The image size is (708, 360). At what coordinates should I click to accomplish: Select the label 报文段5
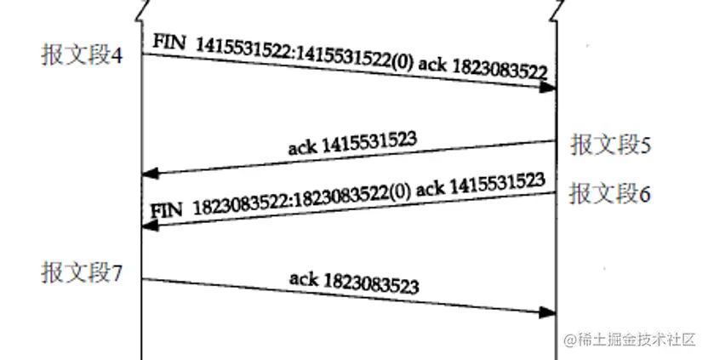click(610, 145)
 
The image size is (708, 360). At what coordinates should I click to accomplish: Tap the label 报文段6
click(610, 194)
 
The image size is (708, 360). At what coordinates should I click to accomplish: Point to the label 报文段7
click(82, 273)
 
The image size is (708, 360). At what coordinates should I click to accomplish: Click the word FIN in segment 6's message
click(169, 209)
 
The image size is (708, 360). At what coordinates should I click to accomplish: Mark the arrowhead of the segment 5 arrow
click(150, 173)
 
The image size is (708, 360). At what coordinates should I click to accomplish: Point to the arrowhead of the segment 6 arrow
click(150, 225)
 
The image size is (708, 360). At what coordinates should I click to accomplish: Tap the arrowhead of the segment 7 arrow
click(549, 313)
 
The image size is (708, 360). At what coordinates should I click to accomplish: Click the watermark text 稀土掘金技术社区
click(637, 339)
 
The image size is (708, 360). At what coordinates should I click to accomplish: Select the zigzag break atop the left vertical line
click(140, 10)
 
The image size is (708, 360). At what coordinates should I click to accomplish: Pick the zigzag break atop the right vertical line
click(557, 10)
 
